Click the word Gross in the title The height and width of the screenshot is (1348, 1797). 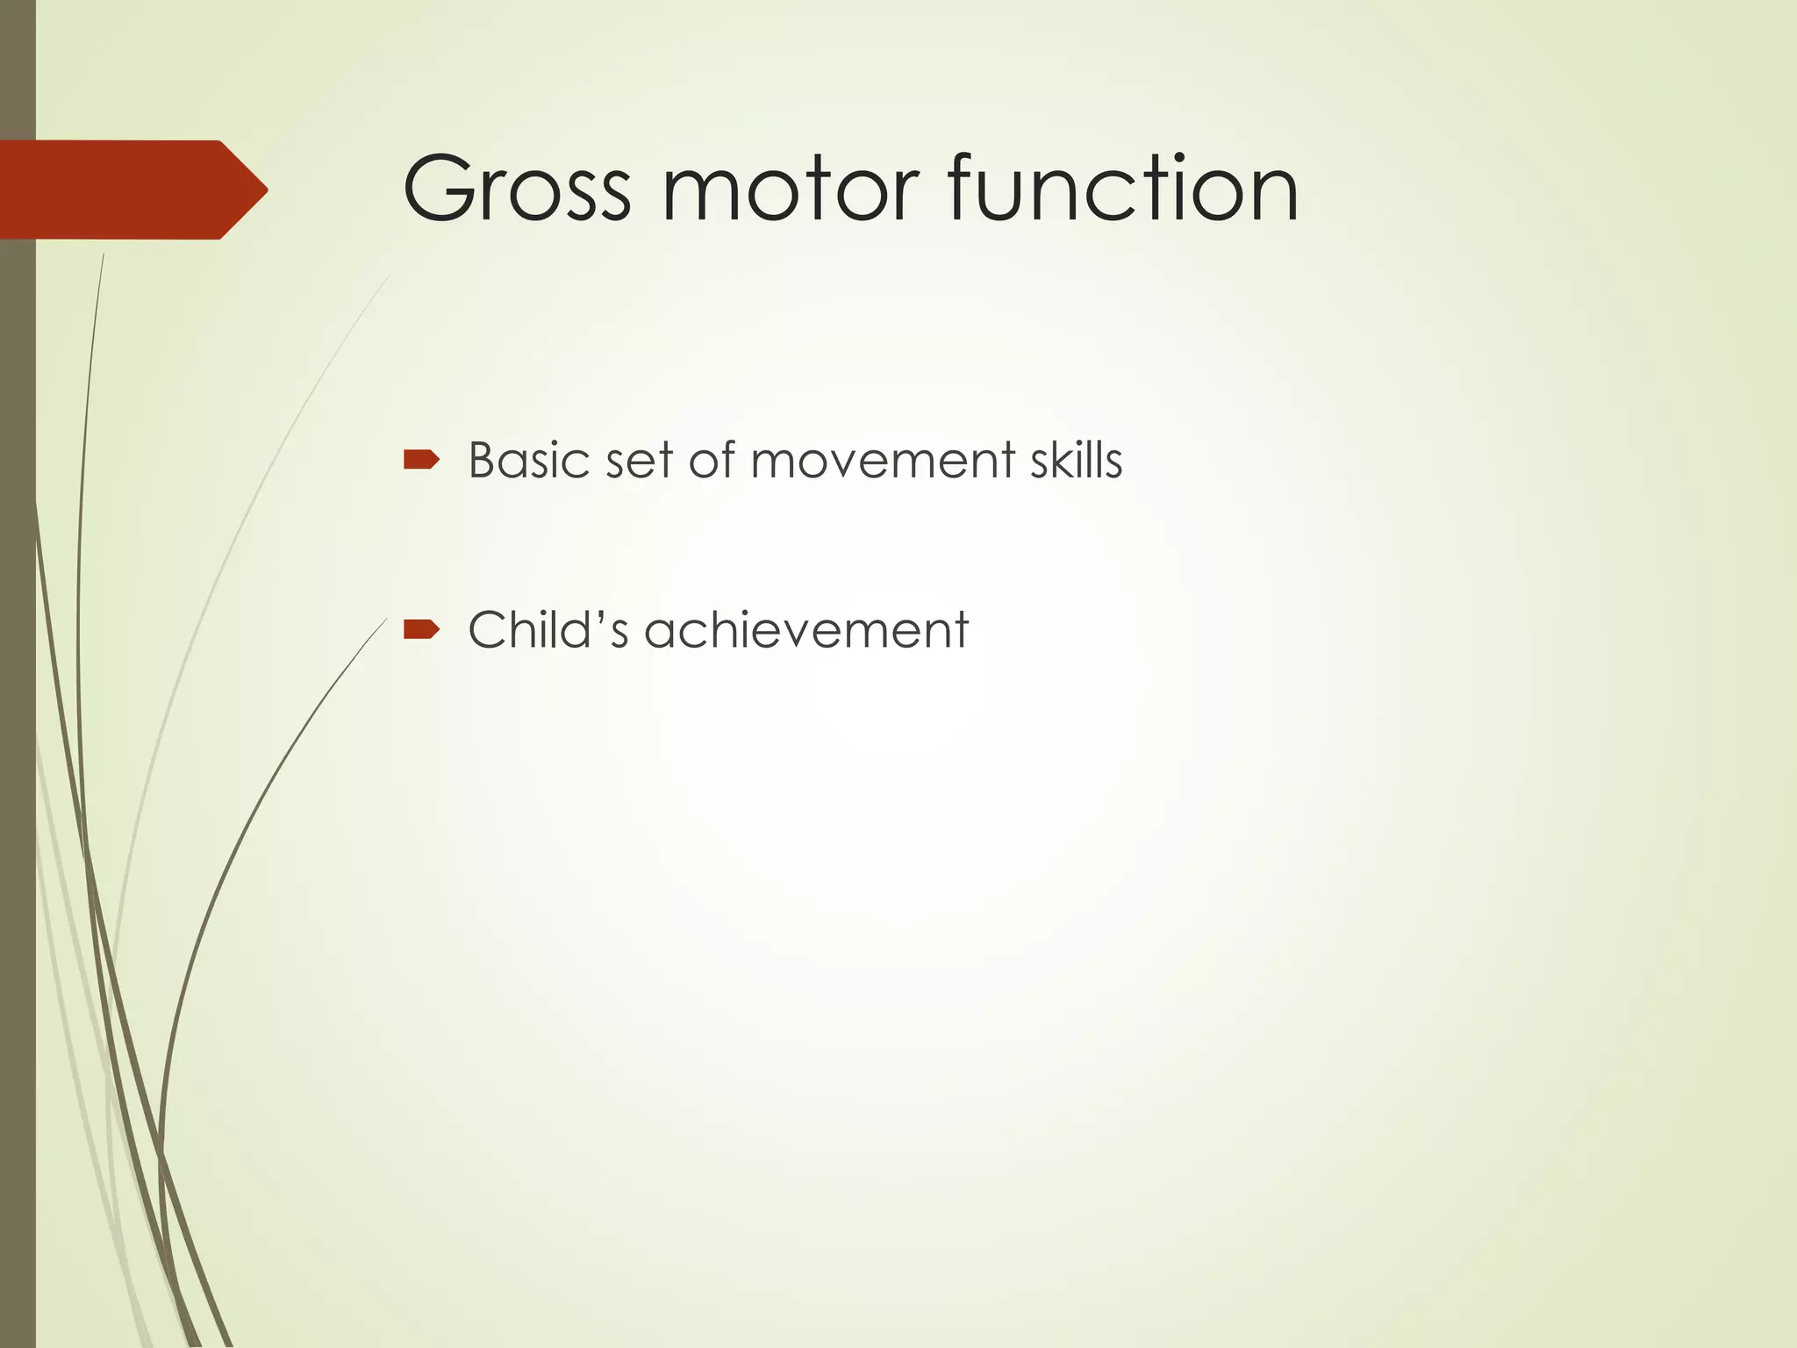516,189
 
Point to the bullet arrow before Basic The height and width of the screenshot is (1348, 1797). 420,459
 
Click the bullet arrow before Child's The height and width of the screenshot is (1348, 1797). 420,628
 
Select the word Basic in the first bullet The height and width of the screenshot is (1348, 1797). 528,460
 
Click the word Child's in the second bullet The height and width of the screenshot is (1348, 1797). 548,629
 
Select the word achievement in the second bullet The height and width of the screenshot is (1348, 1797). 805,629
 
